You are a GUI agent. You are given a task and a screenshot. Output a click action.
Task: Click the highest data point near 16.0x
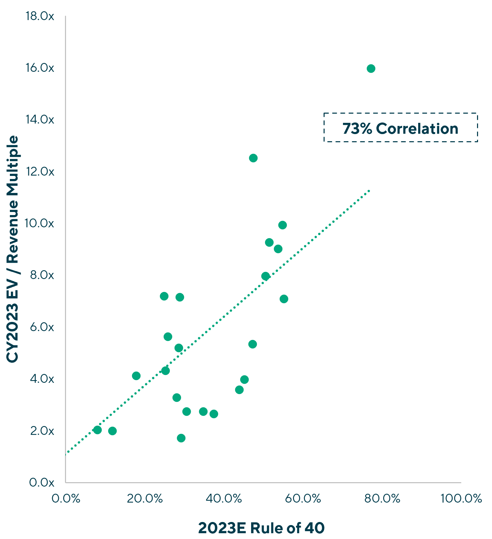coord(371,69)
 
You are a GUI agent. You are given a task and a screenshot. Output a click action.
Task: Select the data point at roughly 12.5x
coord(253,158)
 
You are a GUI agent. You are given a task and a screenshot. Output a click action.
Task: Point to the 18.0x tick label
coord(40,16)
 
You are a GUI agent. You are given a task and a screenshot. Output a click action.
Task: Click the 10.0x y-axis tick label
coord(39,223)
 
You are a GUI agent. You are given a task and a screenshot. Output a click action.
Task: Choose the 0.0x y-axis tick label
coord(42,482)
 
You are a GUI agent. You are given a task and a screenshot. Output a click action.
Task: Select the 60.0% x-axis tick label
coord(303,499)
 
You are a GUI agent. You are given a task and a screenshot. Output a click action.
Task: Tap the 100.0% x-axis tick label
coord(461,499)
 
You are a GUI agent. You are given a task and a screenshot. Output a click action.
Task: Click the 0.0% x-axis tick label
coord(66,499)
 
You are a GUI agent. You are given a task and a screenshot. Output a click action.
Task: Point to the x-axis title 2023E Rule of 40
coord(261,528)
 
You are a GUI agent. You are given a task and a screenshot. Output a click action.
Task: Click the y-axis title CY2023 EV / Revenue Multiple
coord(13,249)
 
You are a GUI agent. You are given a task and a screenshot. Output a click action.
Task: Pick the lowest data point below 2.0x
coord(181,438)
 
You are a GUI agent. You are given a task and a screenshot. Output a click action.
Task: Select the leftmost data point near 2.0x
coord(97,430)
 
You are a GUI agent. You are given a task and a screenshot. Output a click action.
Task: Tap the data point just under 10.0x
coord(282,225)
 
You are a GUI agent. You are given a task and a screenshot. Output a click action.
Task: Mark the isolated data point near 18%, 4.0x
coord(136,376)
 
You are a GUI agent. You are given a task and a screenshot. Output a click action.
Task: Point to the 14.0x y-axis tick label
coord(39,119)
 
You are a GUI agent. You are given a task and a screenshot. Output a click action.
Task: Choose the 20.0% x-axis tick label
coord(145,499)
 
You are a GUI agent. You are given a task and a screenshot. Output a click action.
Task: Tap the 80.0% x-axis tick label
coord(382,499)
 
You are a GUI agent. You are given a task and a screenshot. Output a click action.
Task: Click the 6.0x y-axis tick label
coord(42,327)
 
